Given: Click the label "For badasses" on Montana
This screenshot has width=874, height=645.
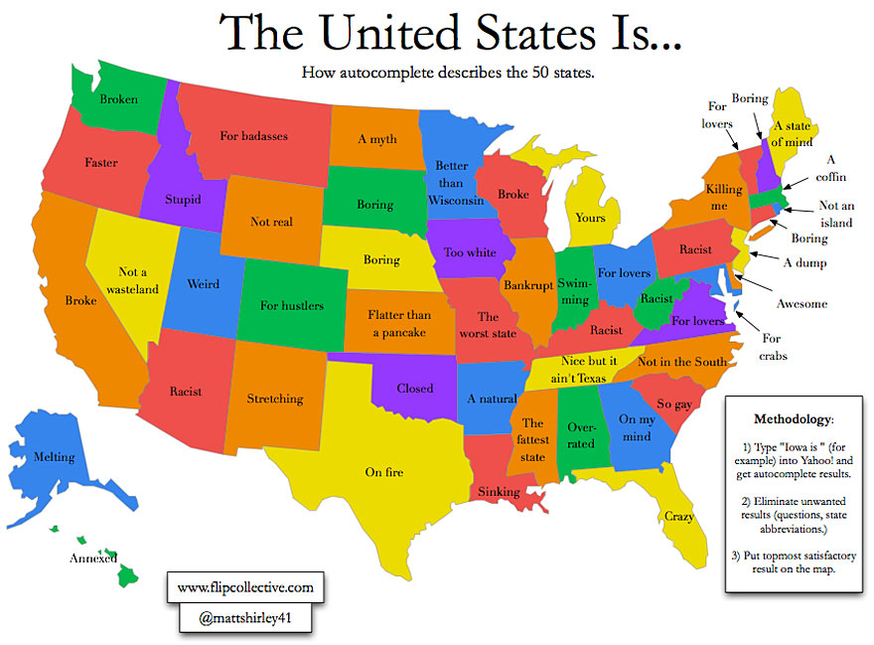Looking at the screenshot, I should coord(254,135).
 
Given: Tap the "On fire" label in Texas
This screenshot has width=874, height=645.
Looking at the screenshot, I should coord(383,472).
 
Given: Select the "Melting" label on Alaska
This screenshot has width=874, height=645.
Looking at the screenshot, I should coord(54,457).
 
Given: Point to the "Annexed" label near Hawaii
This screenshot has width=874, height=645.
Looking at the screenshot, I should coord(93,558).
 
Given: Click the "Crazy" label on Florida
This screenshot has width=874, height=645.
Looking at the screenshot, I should coord(678,516).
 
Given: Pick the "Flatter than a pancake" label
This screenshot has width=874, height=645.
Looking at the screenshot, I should coord(398,323).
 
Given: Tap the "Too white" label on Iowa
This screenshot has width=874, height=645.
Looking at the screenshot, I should coord(470,252).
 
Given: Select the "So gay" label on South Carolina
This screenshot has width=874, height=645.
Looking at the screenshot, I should coord(675,403).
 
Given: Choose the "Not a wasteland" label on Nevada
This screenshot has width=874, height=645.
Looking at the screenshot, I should coord(139,280).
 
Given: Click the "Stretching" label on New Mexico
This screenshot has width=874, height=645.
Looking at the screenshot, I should coord(275,399).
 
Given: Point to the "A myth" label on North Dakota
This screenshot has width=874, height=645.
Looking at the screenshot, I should coord(377,139).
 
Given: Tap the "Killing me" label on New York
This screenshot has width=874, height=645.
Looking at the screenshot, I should coord(724,197).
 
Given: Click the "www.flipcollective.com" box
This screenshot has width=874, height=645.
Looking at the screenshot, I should coord(245,587).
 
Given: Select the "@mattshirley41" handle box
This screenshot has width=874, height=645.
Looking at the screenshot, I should coord(244,618).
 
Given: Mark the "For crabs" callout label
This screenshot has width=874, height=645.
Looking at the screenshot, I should coord(771,347).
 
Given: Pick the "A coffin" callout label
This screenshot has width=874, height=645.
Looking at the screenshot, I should coord(830,168).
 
